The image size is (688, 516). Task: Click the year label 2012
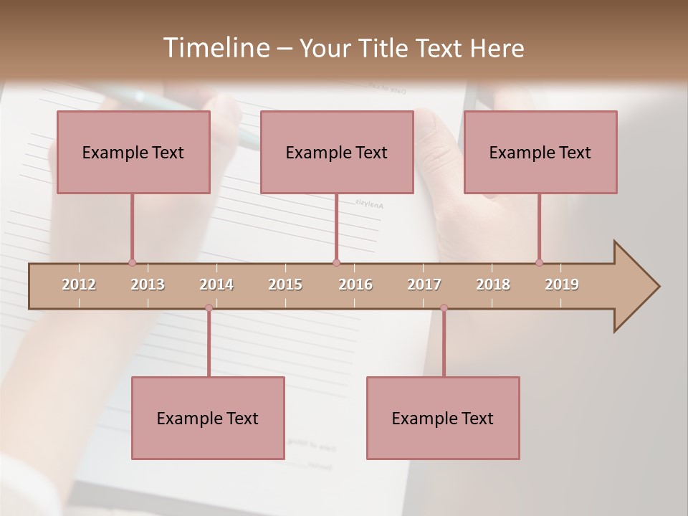pyautogui.click(x=79, y=285)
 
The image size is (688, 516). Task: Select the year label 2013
pyautogui.click(x=148, y=285)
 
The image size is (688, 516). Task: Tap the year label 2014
pyautogui.click(x=216, y=285)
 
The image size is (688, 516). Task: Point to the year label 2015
pyautogui.click(x=285, y=285)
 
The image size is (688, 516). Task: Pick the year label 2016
pyautogui.click(x=355, y=285)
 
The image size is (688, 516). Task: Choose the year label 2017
pyautogui.click(x=424, y=285)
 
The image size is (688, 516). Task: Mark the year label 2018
pyautogui.click(x=493, y=285)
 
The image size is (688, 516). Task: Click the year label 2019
pyautogui.click(x=562, y=285)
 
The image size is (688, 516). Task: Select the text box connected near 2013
pyautogui.click(x=133, y=152)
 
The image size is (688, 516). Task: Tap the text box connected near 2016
pyautogui.click(x=337, y=152)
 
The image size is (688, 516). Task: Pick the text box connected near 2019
pyautogui.click(x=540, y=152)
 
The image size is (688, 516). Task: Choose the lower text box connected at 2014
pyautogui.click(x=208, y=418)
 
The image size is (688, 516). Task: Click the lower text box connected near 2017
pyautogui.click(x=443, y=418)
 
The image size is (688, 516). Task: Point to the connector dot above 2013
pyautogui.click(x=132, y=262)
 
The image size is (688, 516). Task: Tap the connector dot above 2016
pyautogui.click(x=336, y=262)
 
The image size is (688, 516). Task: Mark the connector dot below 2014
pyautogui.click(x=209, y=307)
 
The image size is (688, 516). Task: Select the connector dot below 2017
pyautogui.click(x=444, y=307)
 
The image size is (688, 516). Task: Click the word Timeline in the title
pyautogui.click(x=216, y=48)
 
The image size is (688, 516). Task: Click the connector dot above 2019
pyautogui.click(x=539, y=262)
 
